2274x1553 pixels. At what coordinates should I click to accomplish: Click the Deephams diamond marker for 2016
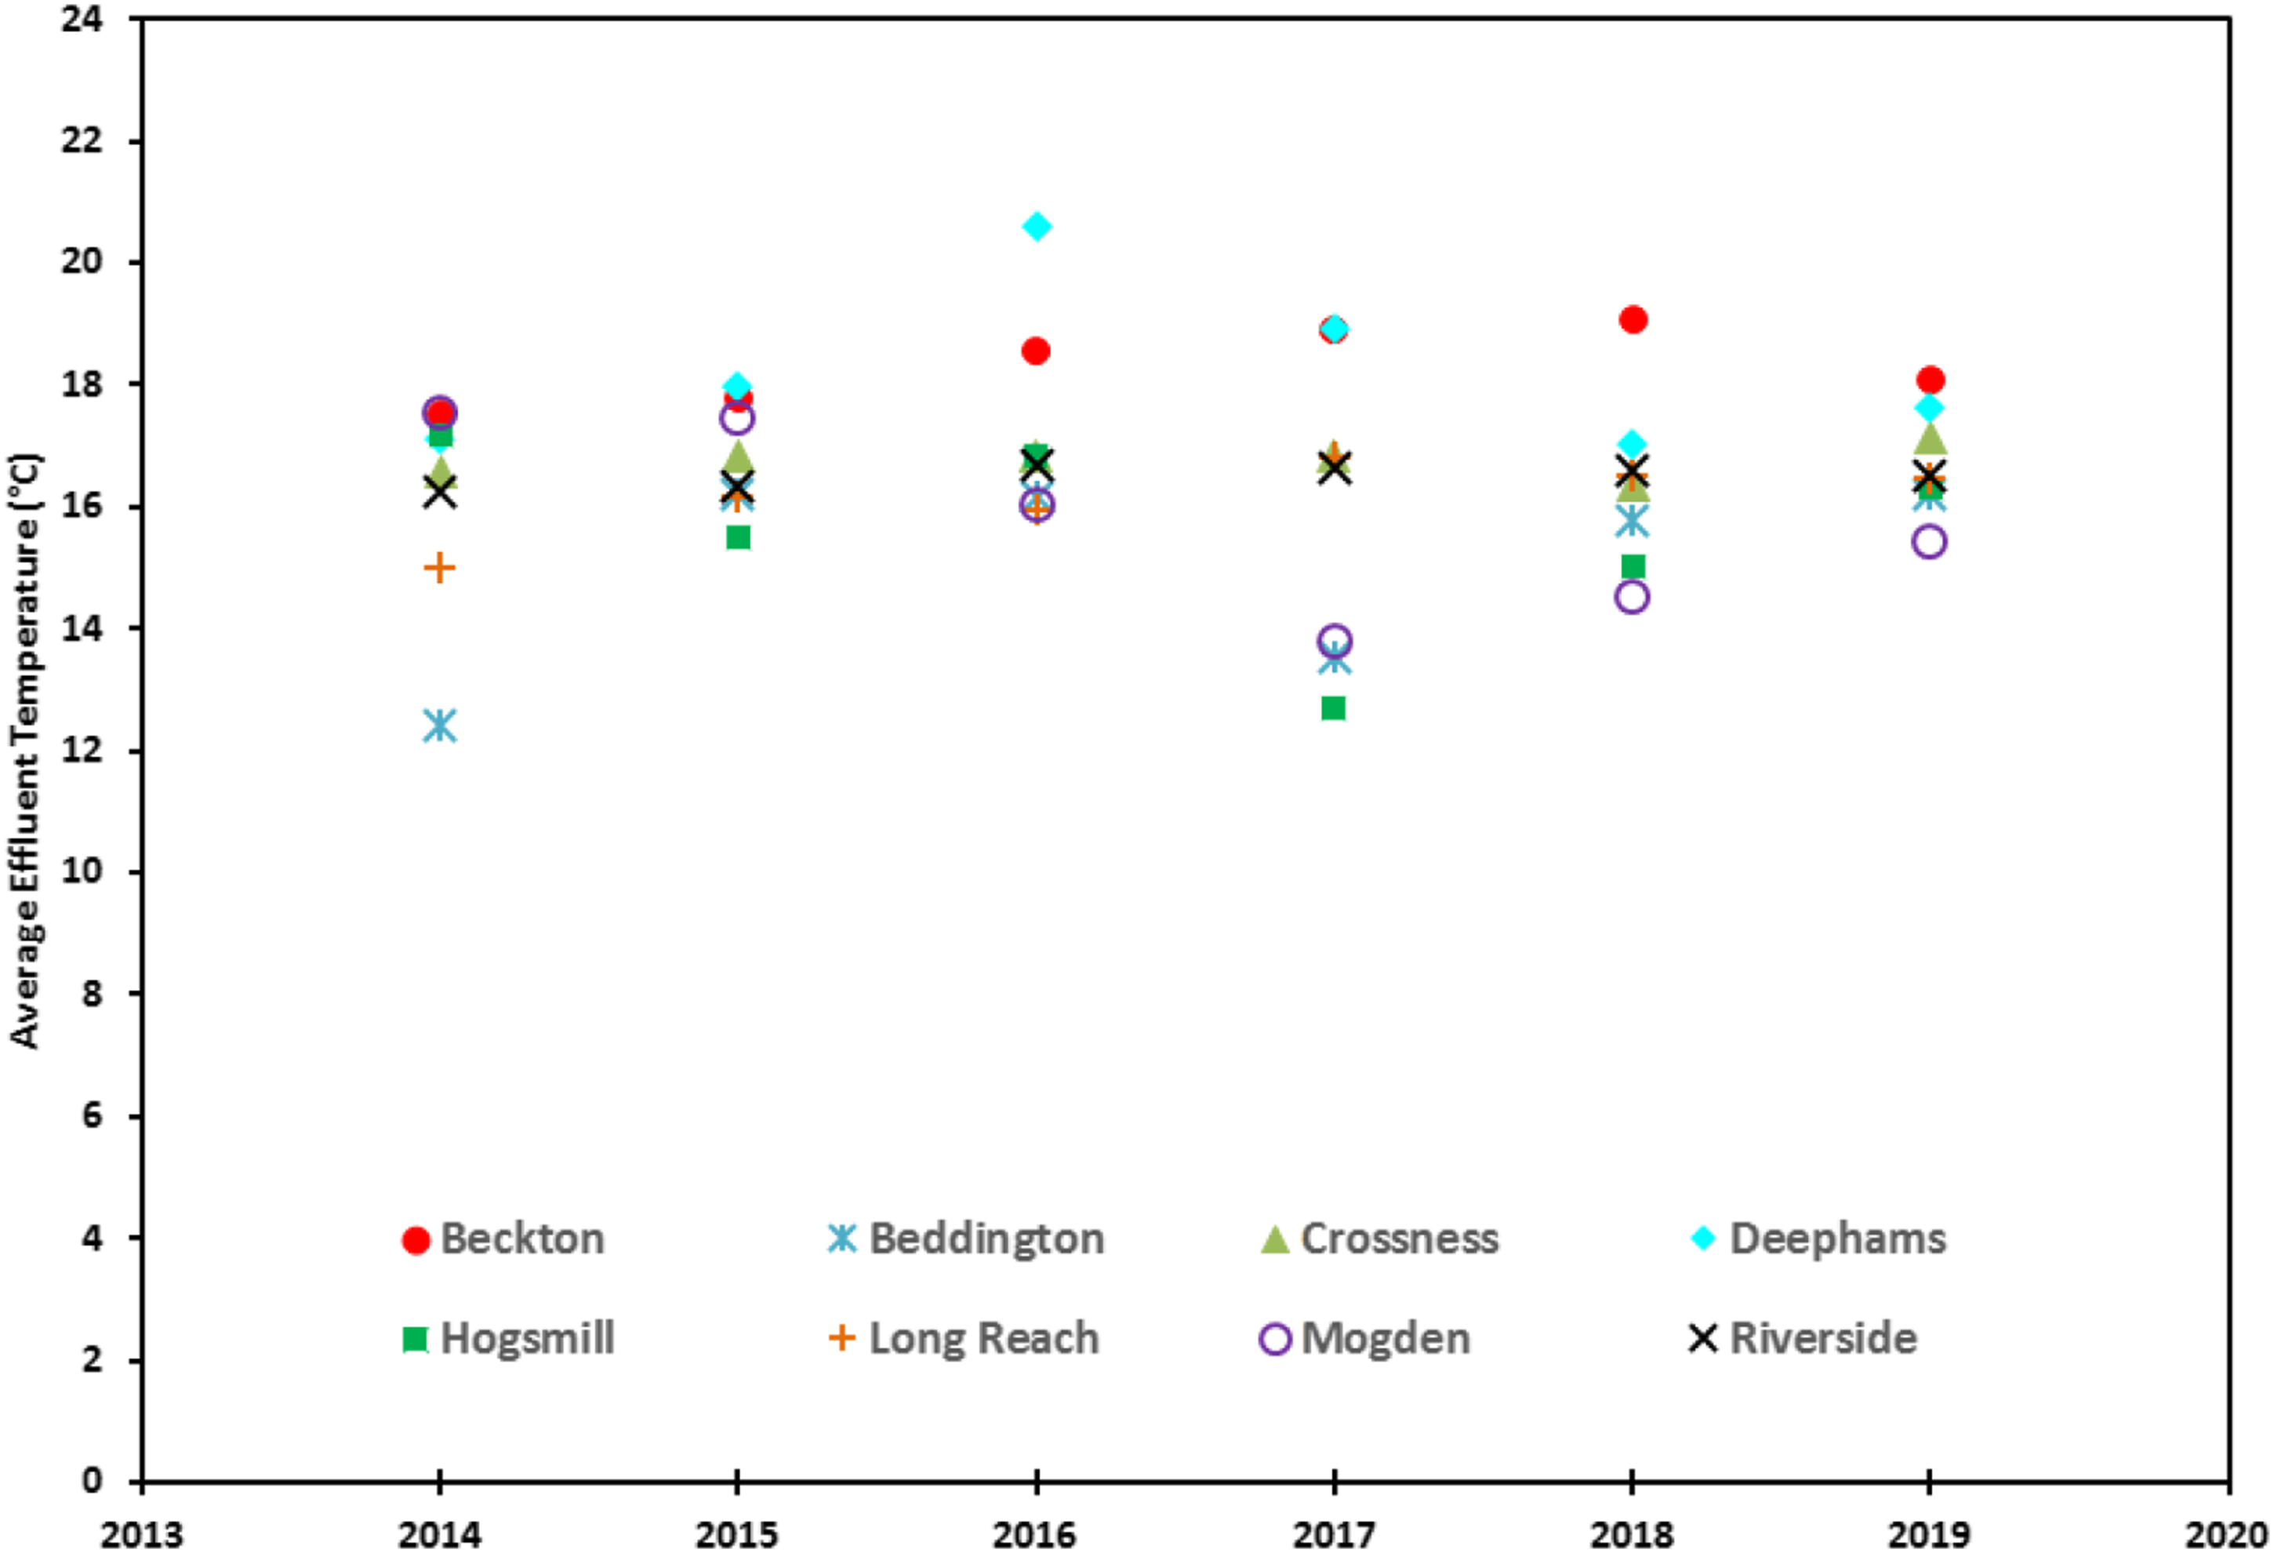coord(1036,227)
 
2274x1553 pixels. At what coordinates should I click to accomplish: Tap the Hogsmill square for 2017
coord(1334,707)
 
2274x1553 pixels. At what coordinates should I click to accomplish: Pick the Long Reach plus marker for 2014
coord(441,568)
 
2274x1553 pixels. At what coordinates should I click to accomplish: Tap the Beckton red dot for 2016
coord(1036,351)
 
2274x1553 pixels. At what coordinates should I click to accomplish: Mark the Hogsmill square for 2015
coord(739,537)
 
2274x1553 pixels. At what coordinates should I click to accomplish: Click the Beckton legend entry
coord(504,1240)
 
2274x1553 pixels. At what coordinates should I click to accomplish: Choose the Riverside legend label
coord(1824,1339)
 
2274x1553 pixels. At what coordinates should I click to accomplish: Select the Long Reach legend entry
coord(964,1339)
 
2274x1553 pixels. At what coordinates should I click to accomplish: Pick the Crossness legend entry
coord(1379,1240)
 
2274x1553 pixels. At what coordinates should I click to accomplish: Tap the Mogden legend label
coord(1386,1339)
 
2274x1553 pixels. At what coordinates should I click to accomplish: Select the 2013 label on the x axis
coord(142,1534)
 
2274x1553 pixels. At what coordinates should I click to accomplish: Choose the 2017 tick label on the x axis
coord(1334,1534)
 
